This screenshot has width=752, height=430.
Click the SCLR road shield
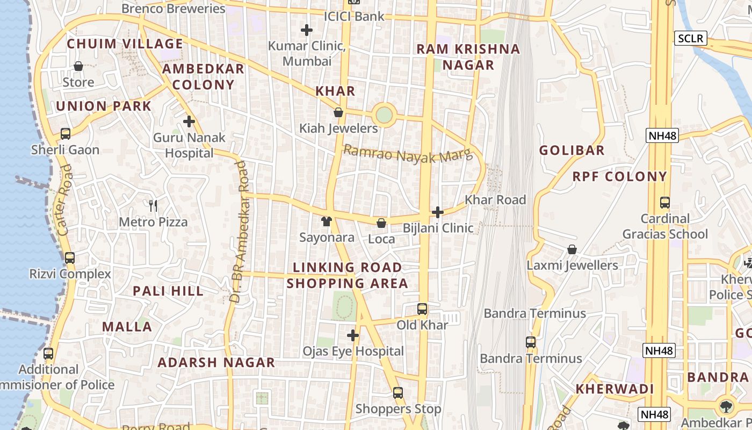690,38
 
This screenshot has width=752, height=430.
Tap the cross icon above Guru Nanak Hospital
189,121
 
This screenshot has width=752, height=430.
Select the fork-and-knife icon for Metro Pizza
153,205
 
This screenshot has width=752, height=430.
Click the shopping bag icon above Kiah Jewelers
338,112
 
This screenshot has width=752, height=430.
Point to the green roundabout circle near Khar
384,114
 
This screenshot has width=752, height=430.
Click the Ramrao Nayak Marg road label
408,154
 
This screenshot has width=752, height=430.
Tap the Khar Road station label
495,199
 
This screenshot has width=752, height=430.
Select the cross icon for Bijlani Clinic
438,212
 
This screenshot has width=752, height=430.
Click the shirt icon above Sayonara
326,221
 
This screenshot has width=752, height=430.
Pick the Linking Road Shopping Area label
347,275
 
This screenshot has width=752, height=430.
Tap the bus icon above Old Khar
422,309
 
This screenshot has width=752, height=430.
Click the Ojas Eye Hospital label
353,351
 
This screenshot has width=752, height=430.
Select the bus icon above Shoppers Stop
398,393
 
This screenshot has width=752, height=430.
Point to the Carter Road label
64,200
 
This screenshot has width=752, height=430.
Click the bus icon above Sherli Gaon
65,134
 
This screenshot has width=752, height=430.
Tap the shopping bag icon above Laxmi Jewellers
572,249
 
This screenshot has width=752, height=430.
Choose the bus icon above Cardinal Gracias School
665,203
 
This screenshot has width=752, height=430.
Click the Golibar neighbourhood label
572,150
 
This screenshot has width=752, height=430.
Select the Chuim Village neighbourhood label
125,44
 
